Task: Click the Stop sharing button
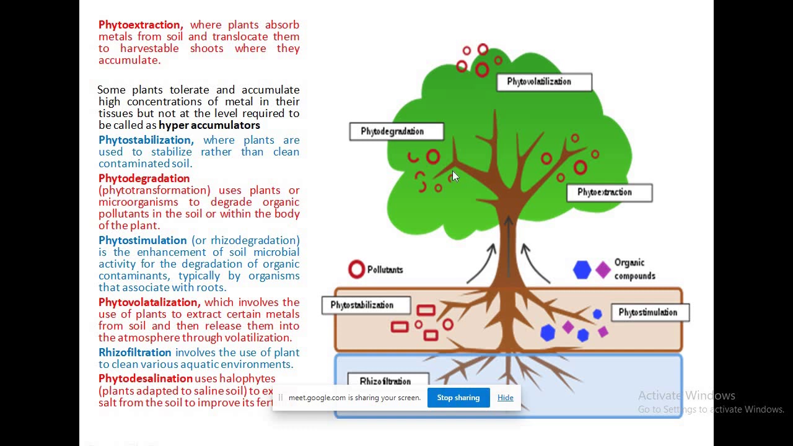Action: tap(458, 398)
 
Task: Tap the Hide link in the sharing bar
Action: tap(505, 398)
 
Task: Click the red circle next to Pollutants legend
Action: tap(356, 269)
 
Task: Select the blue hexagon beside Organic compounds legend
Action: tap(582, 269)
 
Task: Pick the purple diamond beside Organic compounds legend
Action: tap(603, 269)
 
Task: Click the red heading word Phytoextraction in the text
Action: tap(140, 25)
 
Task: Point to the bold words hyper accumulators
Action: tap(209, 125)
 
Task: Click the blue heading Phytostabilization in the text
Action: tap(146, 140)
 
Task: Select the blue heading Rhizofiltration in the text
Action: tap(134, 352)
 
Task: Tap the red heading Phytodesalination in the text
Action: tap(145, 378)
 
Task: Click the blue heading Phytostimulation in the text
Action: tap(142, 240)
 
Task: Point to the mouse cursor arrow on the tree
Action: tap(455, 177)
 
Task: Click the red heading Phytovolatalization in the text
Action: tap(149, 302)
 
